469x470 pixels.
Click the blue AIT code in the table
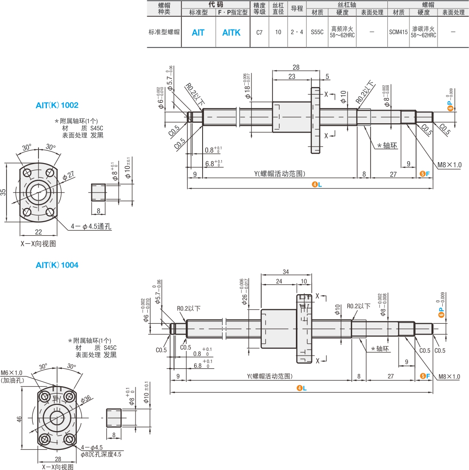(x=198, y=32)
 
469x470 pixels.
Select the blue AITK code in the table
(x=231, y=32)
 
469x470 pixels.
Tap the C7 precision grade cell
(x=259, y=32)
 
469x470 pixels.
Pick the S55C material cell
(x=317, y=32)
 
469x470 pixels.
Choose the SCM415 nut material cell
(x=398, y=32)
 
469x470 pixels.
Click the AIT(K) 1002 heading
(x=57, y=105)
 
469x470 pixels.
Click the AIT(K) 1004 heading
(x=57, y=265)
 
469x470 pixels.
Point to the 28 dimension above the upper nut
(x=296, y=67)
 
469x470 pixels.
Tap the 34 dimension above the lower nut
(x=286, y=272)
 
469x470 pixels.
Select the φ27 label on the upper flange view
(x=68, y=176)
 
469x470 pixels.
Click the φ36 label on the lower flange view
(x=86, y=399)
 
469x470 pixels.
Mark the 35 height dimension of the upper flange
(x=3, y=192)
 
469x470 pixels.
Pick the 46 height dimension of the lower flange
(x=19, y=419)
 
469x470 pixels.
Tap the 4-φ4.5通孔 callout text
(x=91, y=226)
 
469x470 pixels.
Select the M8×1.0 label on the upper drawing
(x=449, y=164)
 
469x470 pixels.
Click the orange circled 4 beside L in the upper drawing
(x=315, y=185)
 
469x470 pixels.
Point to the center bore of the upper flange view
(x=38, y=192)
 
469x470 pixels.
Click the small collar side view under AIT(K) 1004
(x=114, y=418)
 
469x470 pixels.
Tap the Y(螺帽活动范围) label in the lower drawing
(x=270, y=376)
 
